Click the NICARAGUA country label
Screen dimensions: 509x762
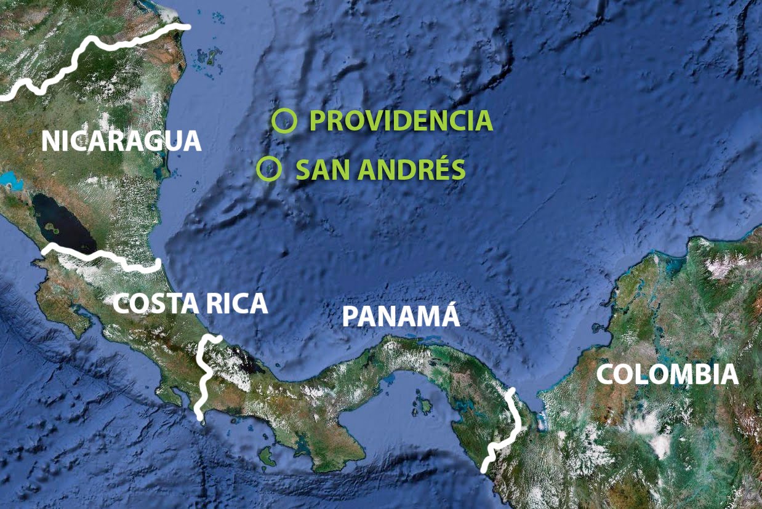[x=121, y=141]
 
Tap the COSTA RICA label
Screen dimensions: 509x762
[x=190, y=303]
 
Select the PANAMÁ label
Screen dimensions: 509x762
[x=401, y=316]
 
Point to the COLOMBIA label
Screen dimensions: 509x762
[x=667, y=374]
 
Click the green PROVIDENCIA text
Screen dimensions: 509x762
[x=401, y=121]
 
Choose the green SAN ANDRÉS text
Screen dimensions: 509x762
[x=380, y=170]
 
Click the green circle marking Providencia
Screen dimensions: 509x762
[x=284, y=121]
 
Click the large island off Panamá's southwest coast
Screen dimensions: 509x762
[x=267, y=457]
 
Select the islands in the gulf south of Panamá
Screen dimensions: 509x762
[x=424, y=406]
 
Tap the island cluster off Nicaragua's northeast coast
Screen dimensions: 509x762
[x=210, y=58]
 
